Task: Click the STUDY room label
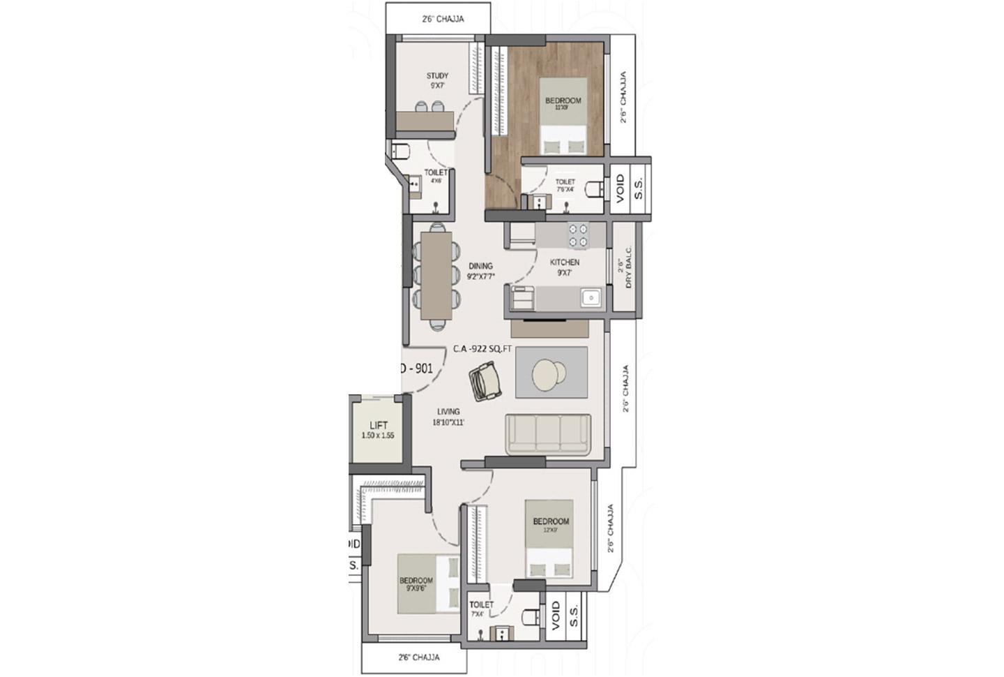(x=437, y=76)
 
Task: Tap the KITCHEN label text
(x=564, y=262)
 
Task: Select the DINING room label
(x=480, y=266)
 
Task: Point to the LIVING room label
(x=448, y=412)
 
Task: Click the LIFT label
(x=379, y=425)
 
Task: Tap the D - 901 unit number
(x=416, y=369)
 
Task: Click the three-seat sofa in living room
(x=548, y=434)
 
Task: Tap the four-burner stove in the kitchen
(x=577, y=235)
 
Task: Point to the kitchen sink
(x=591, y=298)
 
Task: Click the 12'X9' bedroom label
(x=551, y=521)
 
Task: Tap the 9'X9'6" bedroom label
(x=416, y=581)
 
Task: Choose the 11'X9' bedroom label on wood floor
(x=563, y=101)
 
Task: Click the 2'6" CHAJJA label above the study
(x=443, y=19)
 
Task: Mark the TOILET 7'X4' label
(x=481, y=605)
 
